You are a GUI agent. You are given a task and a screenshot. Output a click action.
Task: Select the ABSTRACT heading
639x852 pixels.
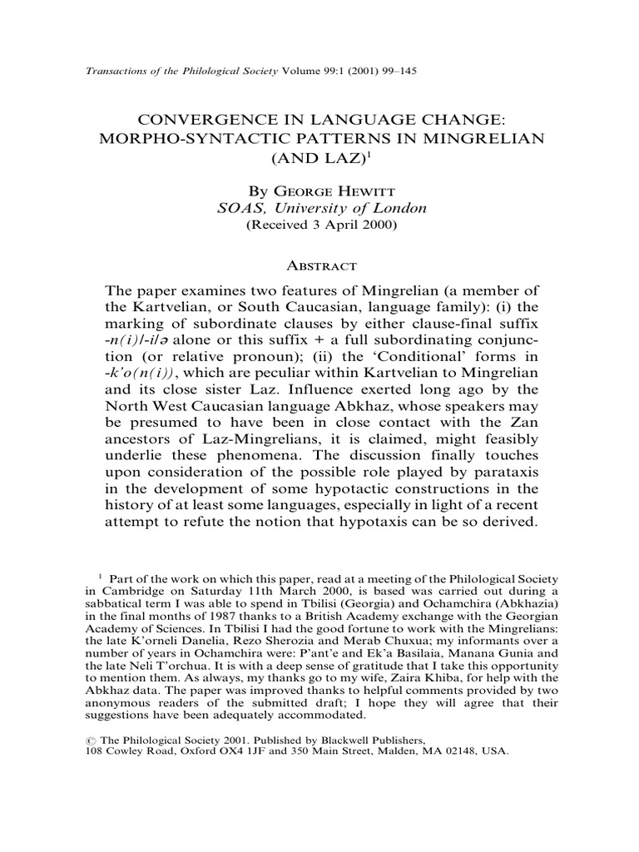[x=319, y=265]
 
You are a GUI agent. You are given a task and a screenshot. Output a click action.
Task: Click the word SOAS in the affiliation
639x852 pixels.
[x=236, y=209]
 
